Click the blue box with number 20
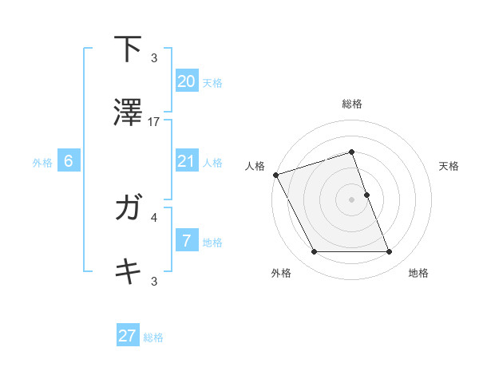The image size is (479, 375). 186,81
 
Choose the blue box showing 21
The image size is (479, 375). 186,161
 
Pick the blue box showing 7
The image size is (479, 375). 186,241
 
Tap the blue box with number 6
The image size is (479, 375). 69,161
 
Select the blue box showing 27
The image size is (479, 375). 128,336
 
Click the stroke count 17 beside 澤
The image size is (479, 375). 155,121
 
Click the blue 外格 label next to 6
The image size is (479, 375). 42,162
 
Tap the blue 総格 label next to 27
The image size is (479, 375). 153,337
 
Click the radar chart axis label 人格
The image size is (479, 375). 255,166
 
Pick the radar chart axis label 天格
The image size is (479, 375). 449,166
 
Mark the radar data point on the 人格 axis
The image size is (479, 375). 275,175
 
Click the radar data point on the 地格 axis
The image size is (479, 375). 390,252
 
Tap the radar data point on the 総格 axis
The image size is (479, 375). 352,152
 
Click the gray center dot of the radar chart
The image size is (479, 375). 352,199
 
